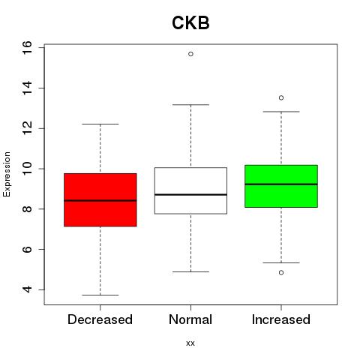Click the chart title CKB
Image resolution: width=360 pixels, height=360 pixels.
tap(190, 22)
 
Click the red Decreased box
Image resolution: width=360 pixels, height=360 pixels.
tap(100, 199)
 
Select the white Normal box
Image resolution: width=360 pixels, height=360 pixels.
tap(190, 190)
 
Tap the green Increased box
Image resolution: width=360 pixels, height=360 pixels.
tap(281, 186)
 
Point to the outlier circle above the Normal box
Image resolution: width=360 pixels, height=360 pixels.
tap(190, 54)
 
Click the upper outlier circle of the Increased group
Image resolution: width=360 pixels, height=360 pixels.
tap(281, 97)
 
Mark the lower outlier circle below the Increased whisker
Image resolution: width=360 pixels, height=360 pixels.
tap(281, 272)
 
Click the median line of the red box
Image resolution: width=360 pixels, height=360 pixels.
tap(100, 200)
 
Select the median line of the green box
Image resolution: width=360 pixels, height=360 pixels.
tap(281, 184)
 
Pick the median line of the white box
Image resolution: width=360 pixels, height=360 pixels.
tap(190, 194)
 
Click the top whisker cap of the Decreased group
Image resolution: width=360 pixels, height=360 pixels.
tap(100, 124)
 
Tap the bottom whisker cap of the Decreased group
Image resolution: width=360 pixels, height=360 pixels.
tap(100, 295)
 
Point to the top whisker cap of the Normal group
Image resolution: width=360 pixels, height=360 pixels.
tap(190, 105)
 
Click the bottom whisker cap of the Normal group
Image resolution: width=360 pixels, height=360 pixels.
tap(190, 271)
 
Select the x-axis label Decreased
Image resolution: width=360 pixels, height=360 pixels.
tap(100, 319)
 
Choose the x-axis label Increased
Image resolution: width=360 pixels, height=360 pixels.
tap(281, 319)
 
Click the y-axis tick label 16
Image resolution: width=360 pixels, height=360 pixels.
tap(27, 47)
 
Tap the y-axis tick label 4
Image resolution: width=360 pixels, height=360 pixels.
tap(27, 289)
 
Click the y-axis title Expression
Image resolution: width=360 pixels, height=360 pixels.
tap(7, 174)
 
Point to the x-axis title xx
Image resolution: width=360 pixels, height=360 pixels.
tap(190, 343)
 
